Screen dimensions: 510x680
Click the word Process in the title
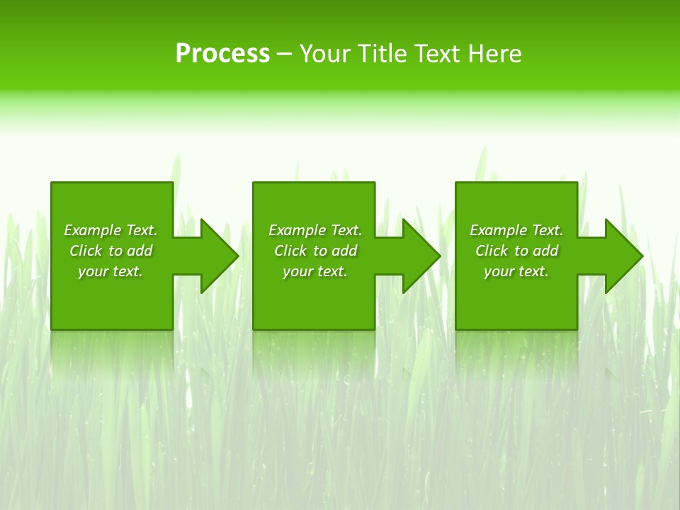[x=222, y=54]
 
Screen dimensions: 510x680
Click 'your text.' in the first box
[x=110, y=271]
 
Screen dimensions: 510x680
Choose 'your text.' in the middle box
[x=315, y=271]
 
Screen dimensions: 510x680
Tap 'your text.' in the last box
[x=516, y=271]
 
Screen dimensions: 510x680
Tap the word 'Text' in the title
[x=438, y=54]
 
